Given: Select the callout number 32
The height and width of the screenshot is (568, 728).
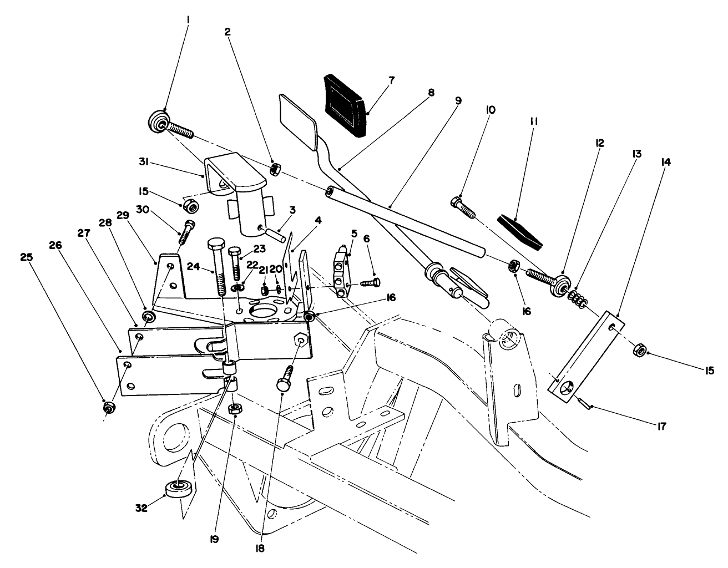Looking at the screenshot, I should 142,507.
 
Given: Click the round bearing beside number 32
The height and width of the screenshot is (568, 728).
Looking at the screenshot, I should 180,488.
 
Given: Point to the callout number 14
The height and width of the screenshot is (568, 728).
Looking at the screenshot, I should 665,163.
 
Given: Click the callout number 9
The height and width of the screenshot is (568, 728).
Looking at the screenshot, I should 458,101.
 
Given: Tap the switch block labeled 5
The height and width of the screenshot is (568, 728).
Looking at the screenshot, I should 341,273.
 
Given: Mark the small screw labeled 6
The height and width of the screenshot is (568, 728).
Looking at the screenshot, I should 368,283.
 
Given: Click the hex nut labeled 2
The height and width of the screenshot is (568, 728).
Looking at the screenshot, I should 274,170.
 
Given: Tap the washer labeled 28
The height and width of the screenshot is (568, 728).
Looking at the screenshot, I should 149,317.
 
